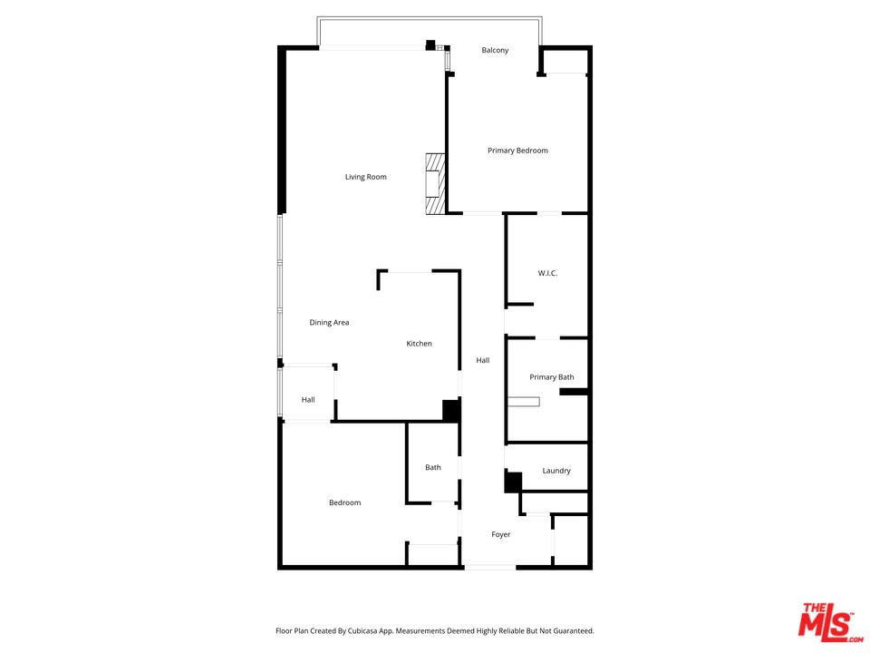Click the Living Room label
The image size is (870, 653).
(365, 177)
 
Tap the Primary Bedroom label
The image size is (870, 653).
(517, 151)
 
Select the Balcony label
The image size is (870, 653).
(495, 50)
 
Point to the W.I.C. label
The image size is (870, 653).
(547, 273)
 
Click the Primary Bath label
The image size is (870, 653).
(552, 377)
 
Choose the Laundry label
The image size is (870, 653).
(556, 471)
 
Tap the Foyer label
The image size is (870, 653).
(501, 534)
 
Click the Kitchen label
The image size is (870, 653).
(419, 344)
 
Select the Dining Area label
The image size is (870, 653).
(329, 322)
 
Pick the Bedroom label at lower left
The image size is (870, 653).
(344, 502)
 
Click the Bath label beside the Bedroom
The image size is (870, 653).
(433, 467)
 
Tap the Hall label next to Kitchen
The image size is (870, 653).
(483, 360)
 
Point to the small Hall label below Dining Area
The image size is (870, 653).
(308, 399)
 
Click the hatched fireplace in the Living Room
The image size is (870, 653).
(436, 184)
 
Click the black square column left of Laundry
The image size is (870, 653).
(513, 482)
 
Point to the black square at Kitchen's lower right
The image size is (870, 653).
(450, 410)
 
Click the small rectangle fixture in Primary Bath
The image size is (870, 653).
(524, 401)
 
